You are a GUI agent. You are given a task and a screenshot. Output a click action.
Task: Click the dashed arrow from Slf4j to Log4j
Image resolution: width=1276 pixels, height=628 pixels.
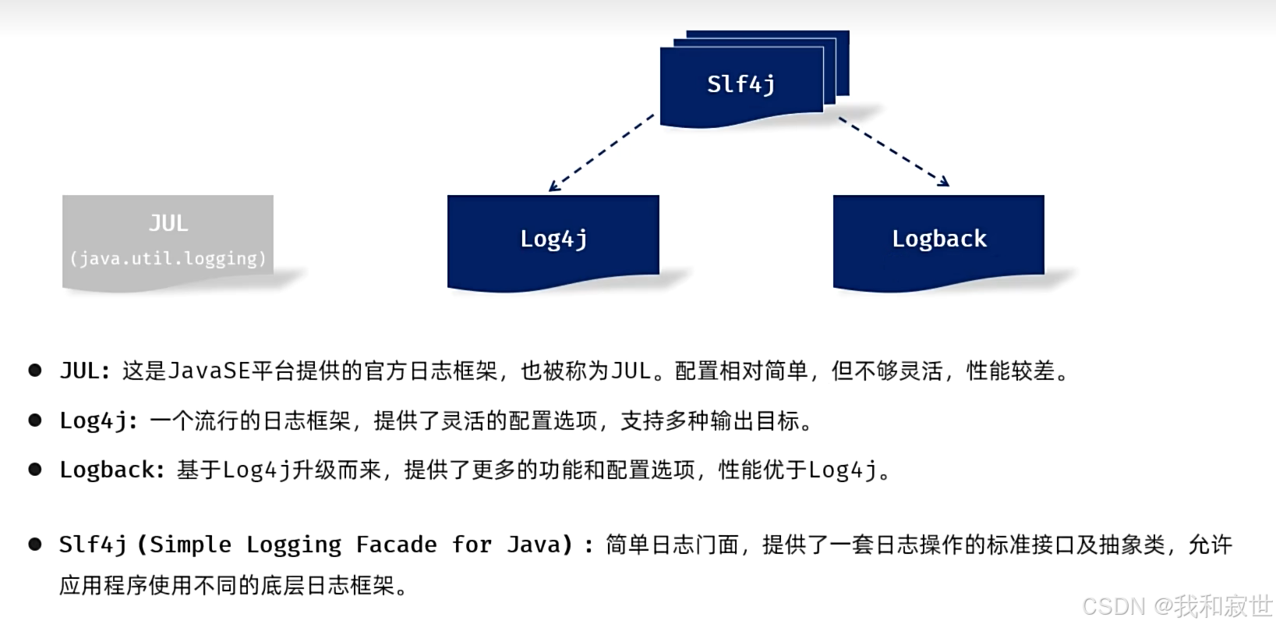(601, 153)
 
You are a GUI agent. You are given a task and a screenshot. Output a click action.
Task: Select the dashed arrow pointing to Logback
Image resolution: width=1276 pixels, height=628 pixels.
(893, 151)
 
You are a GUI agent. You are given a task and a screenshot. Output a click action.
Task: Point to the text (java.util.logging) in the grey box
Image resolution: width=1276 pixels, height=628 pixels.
(168, 258)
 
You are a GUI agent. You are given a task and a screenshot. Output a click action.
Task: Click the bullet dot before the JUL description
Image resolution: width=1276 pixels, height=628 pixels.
(35, 371)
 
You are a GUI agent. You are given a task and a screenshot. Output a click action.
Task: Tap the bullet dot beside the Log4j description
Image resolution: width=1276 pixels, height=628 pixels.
(35, 420)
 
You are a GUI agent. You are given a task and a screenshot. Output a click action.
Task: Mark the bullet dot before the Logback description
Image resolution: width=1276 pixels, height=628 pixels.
(35, 470)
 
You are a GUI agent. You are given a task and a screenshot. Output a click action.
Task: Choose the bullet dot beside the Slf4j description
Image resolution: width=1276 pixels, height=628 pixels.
(35, 545)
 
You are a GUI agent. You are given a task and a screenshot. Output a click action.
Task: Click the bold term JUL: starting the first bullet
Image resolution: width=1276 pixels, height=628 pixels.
(85, 371)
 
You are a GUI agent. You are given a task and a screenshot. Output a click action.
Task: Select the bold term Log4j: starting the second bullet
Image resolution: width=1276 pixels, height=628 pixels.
(99, 421)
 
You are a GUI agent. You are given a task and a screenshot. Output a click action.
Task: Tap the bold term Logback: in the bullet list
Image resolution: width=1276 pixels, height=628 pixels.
(112, 470)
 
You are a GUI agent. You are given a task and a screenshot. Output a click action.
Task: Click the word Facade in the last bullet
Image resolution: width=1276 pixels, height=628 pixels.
(396, 545)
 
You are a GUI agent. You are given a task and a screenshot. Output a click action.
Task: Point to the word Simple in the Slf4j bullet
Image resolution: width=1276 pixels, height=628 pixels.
(190, 545)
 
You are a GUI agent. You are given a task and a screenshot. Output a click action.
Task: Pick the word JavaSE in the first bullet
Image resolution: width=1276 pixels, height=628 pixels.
(209, 371)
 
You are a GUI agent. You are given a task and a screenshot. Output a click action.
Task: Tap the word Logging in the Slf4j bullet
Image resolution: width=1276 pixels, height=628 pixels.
(293, 545)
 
